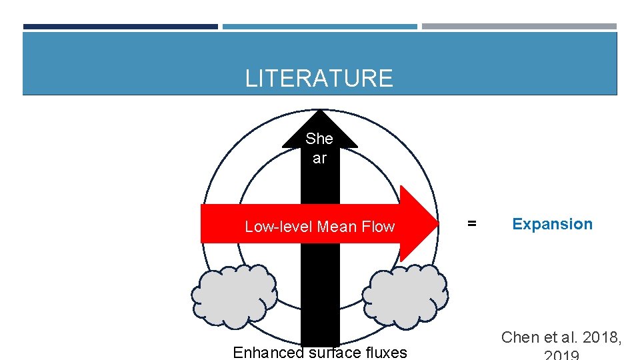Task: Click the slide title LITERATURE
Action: pos(319,79)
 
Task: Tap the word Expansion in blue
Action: pos(552,224)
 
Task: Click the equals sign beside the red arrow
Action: pos(471,224)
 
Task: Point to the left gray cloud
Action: pos(234,296)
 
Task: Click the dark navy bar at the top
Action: pos(121,27)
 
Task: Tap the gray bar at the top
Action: pos(519,27)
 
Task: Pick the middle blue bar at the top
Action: pos(320,27)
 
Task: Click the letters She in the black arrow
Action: pos(319,139)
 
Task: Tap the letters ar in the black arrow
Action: pos(319,159)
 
